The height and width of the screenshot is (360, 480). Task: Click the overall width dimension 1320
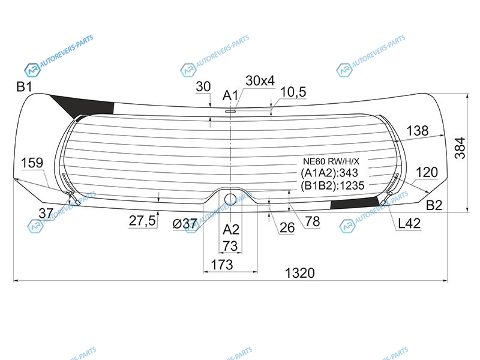point(299,273)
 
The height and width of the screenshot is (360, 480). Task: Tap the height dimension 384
point(460,148)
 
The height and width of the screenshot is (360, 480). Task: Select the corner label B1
point(24,87)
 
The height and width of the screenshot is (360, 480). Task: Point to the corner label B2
point(434,205)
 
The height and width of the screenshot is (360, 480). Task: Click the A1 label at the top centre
point(230,95)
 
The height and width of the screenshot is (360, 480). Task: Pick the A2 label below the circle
point(231,229)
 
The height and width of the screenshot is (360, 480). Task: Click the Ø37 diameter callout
point(185,224)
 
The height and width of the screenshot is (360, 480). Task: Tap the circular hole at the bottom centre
point(230,199)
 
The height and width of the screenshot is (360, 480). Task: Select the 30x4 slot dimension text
point(260,80)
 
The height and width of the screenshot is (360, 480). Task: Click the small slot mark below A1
point(230,112)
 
